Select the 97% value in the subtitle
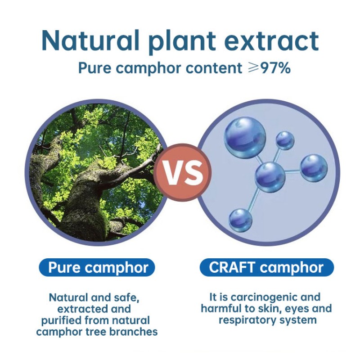click(275, 68)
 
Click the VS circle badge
click(183, 172)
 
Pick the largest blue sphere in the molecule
click(245, 135)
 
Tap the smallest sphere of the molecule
click(285, 140)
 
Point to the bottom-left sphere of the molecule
click(241, 220)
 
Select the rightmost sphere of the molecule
click(314, 168)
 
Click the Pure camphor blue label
click(98, 268)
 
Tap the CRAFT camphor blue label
click(266, 268)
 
